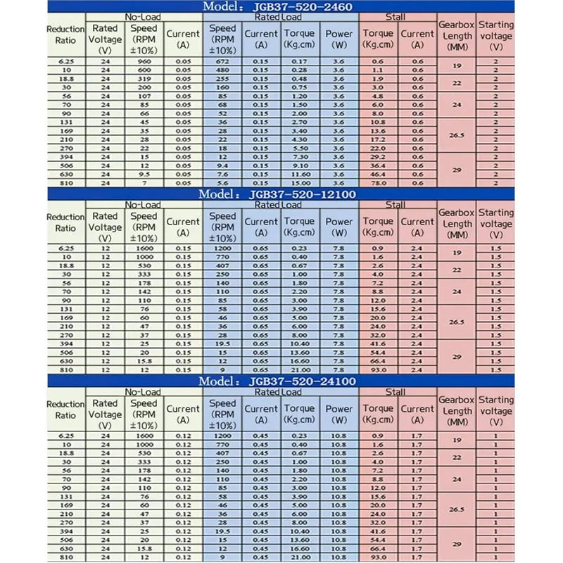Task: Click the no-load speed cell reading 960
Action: pos(144,62)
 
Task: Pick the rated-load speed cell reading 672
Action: pos(222,62)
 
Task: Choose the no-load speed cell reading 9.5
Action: pos(144,174)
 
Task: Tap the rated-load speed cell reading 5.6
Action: pos(222,182)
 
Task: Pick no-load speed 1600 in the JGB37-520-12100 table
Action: pos(144,249)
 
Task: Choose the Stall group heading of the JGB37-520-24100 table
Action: pos(396,392)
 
